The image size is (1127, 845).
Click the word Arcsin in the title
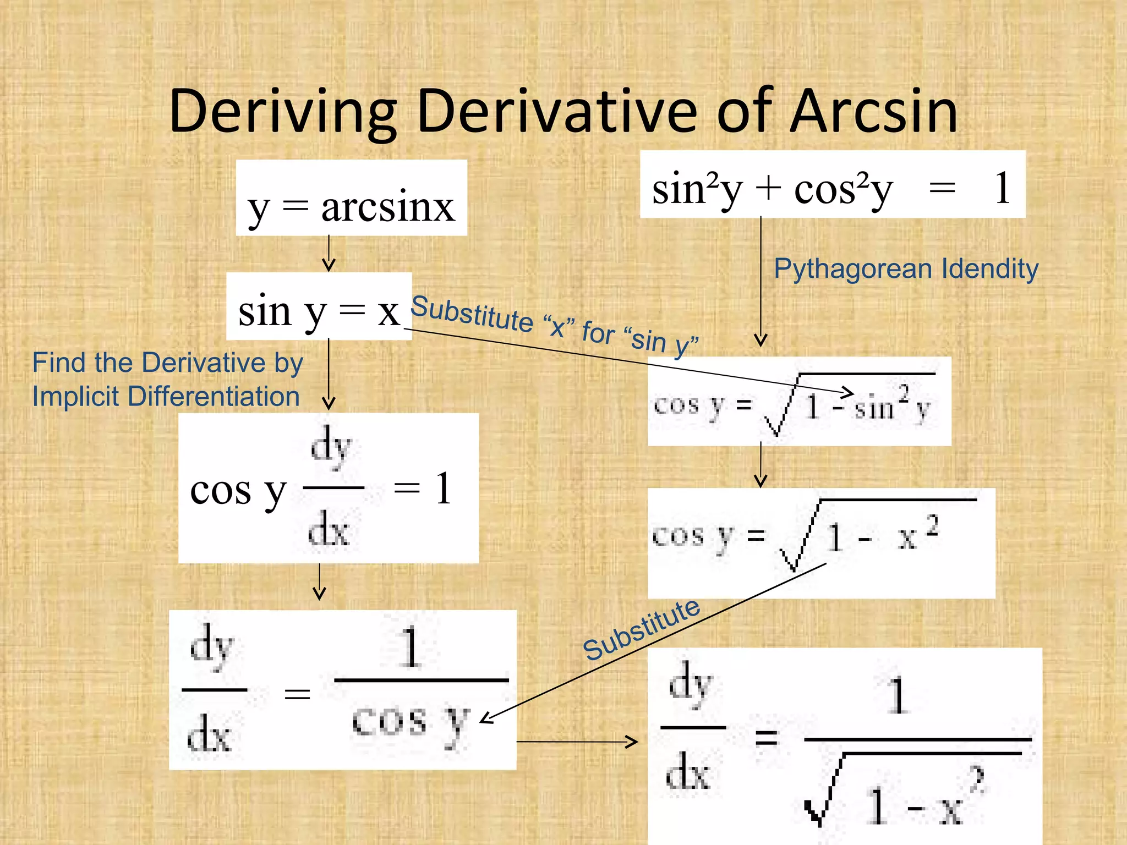point(874,111)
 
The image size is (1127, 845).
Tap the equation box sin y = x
point(319,307)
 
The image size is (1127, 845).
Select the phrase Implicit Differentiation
point(166,397)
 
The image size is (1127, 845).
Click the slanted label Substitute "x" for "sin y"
point(554,324)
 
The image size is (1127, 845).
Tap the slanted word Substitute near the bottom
point(642,630)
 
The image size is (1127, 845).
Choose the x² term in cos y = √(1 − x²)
point(918,533)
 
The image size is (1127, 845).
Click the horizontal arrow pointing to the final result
point(577,742)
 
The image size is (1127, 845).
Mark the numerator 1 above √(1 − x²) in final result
point(898,695)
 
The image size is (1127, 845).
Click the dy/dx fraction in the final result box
point(691,727)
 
